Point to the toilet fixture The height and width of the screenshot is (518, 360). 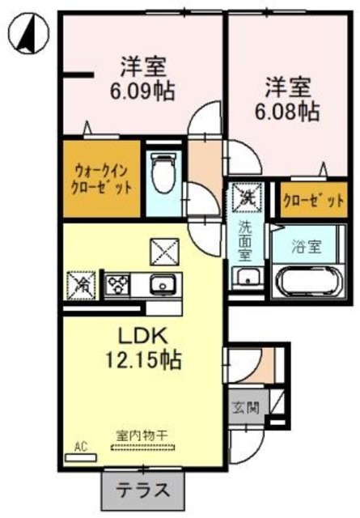(x=163, y=174)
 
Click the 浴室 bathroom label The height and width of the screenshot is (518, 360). (x=306, y=247)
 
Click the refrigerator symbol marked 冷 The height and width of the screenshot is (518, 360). (x=81, y=285)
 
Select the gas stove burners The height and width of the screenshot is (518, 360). (x=115, y=285)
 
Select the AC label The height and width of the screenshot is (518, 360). (x=80, y=447)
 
